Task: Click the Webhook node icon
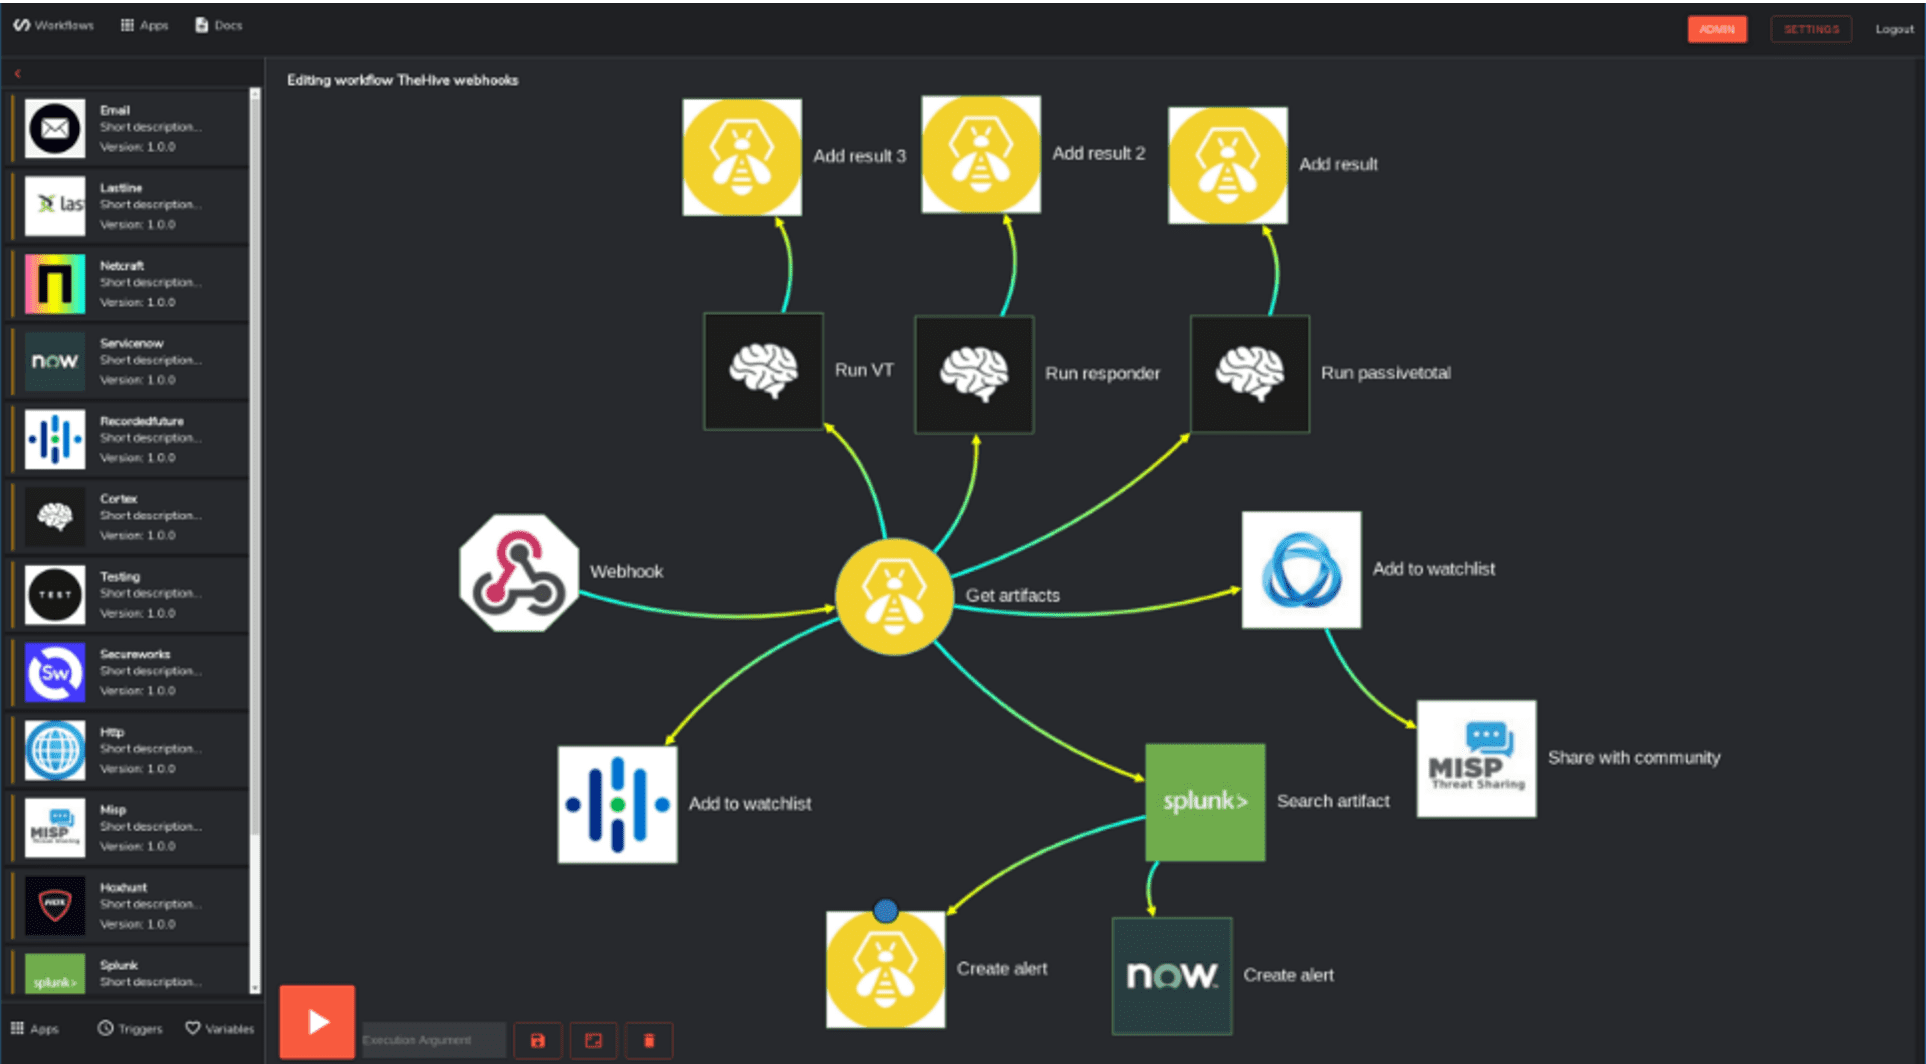click(518, 573)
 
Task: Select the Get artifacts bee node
click(893, 597)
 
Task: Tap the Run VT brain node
click(763, 371)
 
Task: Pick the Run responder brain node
click(974, 374)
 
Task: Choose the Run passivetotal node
click(1249, 374)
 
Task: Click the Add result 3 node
click(741, 157)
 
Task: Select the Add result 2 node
click(980, 154)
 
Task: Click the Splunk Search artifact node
click(1204, 802)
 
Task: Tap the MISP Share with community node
click(1476, 759)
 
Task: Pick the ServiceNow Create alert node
click(1171, 976)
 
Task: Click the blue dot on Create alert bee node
click(885, 911)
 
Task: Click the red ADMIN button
click(1716, 29)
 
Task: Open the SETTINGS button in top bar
click(1810, 29)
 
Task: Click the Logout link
click(1894, 29)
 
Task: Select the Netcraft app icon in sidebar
click(55, 284)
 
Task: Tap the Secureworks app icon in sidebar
click(55, 672)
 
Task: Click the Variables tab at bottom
click(220, 1028)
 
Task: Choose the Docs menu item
click(219, 25)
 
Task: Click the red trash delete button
click(649, 1041)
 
